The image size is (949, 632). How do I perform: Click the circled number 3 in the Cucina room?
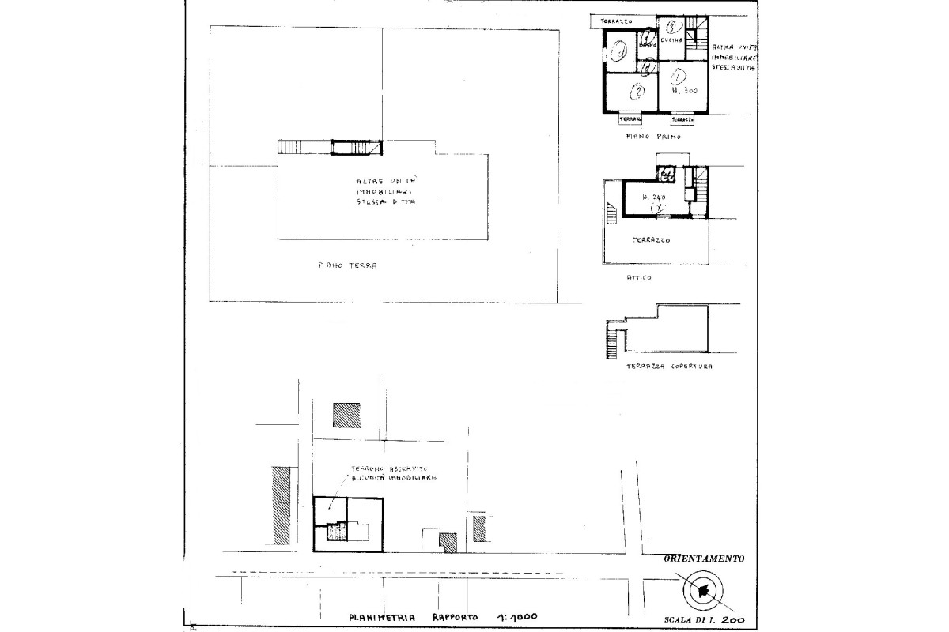[x=670, y=27]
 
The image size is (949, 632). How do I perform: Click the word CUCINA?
[x=671, y=39]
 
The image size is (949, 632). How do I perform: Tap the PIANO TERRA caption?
[x=343, y=266]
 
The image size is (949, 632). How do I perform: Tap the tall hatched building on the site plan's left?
[x=281, y=506]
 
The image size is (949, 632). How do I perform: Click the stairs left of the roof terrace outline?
[x=611, y=342]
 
